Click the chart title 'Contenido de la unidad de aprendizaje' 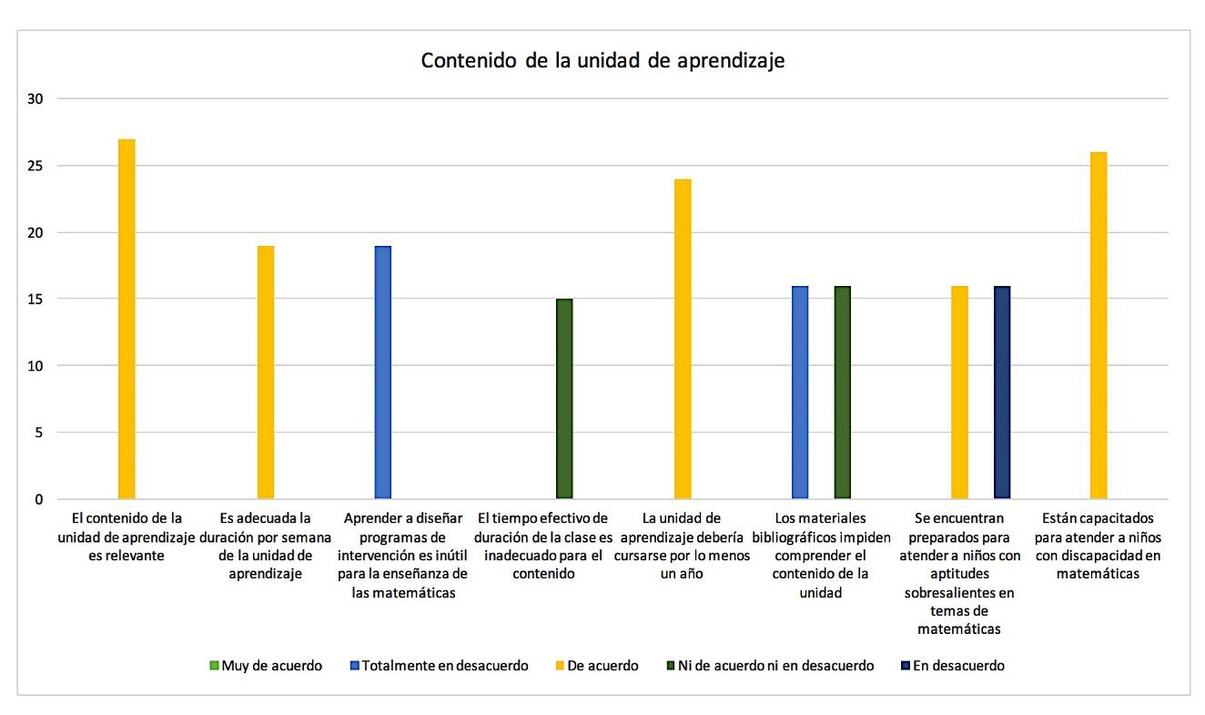[x=602, y=61]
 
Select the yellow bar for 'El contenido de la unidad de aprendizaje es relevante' [x=127, y=319]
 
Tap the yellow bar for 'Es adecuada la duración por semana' [x=265, y=373]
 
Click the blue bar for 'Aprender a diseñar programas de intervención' [x=383, y=373]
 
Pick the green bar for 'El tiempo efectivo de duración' [x=564, y=399]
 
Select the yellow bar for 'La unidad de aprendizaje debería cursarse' [x=683, y=339]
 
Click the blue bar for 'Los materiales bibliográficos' [x=800, y=393]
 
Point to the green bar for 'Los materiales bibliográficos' [x=842, y=393]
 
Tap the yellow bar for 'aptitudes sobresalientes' [x=960, y=393]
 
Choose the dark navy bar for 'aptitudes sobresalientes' [x=1002, y=393]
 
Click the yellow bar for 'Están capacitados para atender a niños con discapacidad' [x=1099, y=325]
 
